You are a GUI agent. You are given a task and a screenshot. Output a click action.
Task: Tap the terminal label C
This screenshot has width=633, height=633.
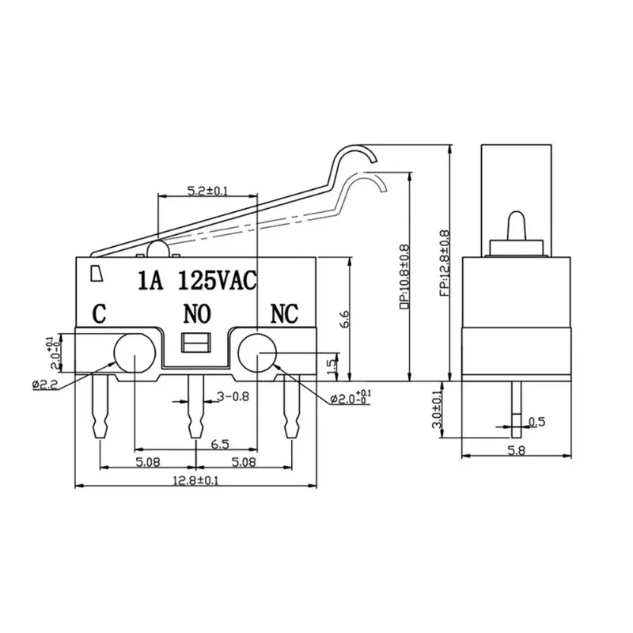(100, 314)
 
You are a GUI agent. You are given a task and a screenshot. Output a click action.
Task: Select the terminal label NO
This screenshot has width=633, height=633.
(196, 314)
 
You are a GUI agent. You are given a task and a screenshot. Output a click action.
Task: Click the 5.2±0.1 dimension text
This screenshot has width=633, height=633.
(207, 190)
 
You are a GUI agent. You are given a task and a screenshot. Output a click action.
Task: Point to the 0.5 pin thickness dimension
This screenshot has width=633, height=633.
(537, 422)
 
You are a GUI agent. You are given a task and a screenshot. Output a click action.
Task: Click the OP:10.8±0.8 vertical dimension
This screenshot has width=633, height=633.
(404, 275)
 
